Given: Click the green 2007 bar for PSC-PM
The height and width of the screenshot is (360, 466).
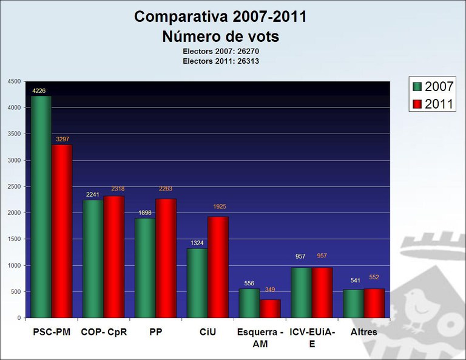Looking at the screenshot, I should coord(41,206).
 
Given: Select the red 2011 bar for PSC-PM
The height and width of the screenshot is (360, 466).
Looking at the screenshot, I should coord(62,231).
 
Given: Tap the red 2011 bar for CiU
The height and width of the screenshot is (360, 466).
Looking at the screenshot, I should coord(218,267).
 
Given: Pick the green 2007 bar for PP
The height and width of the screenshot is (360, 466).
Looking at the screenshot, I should coord(145,268).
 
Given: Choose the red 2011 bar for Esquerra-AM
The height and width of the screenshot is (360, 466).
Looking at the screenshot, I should coord(270,308).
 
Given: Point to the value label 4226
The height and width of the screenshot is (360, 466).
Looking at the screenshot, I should coord(39,91).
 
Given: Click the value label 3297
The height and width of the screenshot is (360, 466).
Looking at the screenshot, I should coord(62,139).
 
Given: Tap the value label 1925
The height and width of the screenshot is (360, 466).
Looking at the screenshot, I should coord(219,207).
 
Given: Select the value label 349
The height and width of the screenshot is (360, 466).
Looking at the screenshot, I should coord(271,290).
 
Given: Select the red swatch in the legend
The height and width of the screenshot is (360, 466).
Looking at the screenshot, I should coord(417,104).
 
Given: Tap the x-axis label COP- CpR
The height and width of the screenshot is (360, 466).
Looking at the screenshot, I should coord(104,332).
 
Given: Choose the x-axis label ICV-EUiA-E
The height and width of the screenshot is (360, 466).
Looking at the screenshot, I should coord(312,338).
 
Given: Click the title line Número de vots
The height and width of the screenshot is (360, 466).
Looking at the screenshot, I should coord(220,36).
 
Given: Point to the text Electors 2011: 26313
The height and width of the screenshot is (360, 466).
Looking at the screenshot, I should coord(220,61).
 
